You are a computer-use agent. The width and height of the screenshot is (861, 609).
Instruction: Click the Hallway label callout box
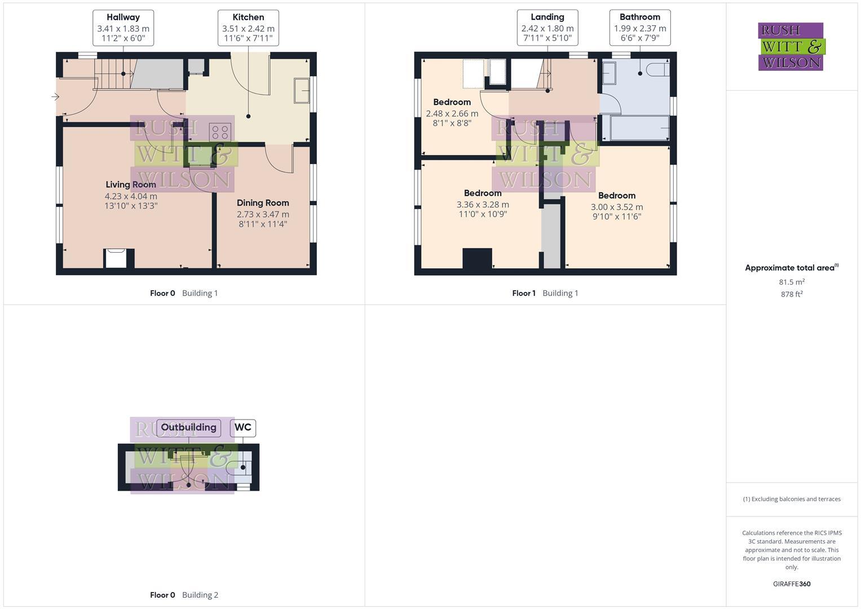point(123,28)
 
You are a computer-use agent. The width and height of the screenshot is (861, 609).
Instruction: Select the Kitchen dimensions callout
point(248,28)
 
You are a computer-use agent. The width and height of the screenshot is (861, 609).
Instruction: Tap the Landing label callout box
point(547,28)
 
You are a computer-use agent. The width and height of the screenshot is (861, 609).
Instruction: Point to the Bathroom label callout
point(639,28)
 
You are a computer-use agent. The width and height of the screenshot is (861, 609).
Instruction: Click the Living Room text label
point(131,184)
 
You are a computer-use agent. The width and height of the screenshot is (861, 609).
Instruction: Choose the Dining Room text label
point(263,203)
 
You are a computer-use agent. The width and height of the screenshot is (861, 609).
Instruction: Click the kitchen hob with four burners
point(219,133)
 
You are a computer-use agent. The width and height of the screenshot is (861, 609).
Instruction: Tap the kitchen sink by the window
point(302,91)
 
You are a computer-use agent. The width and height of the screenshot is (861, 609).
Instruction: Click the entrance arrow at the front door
point(55,97)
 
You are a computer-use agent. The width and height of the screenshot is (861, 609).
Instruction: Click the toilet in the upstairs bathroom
point(657,70)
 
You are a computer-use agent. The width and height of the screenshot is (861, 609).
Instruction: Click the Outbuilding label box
point(188,427)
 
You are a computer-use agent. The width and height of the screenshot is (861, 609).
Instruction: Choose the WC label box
point(243,427)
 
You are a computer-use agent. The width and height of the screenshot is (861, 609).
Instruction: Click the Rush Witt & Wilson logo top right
point(791,47)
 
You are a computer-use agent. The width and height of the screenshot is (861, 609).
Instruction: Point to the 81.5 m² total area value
point(792,282)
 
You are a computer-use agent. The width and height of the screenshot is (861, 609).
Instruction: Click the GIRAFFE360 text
point(792,584)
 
